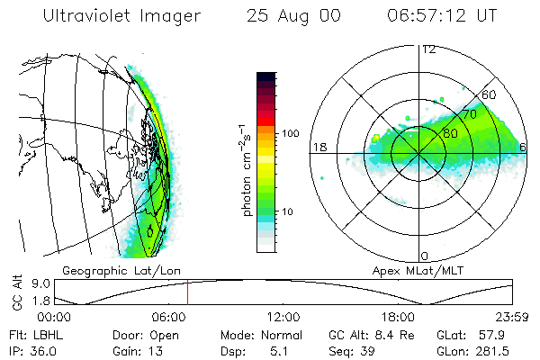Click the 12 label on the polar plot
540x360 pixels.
(x=429, y=49)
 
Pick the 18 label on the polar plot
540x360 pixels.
(x=319, y=147)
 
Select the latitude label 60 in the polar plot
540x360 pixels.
(x=490, y=94)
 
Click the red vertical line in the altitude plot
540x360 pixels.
(x=187, y=292)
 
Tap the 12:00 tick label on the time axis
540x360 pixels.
(x=283, y=317)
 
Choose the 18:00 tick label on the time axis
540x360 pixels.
(x=397, y=317)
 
